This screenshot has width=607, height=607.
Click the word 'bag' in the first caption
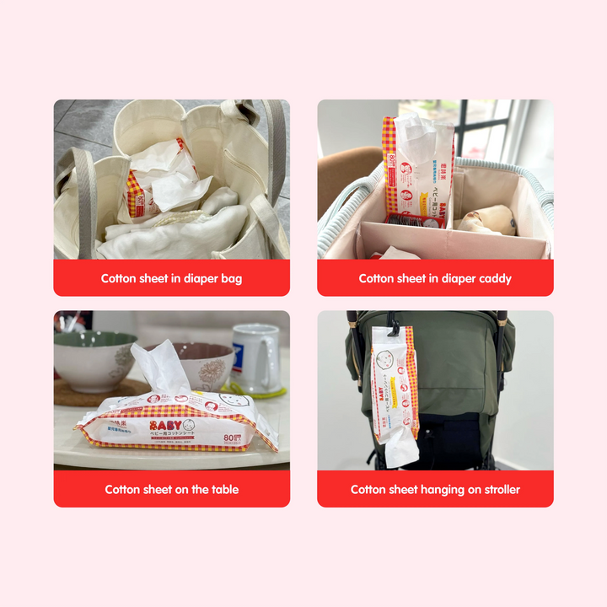(x=229, y=278)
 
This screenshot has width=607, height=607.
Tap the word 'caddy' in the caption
(x=495, y=278)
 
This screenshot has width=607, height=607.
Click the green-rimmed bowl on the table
(x=93, y=358)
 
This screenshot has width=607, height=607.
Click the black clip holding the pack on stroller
(x=393, y=321)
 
